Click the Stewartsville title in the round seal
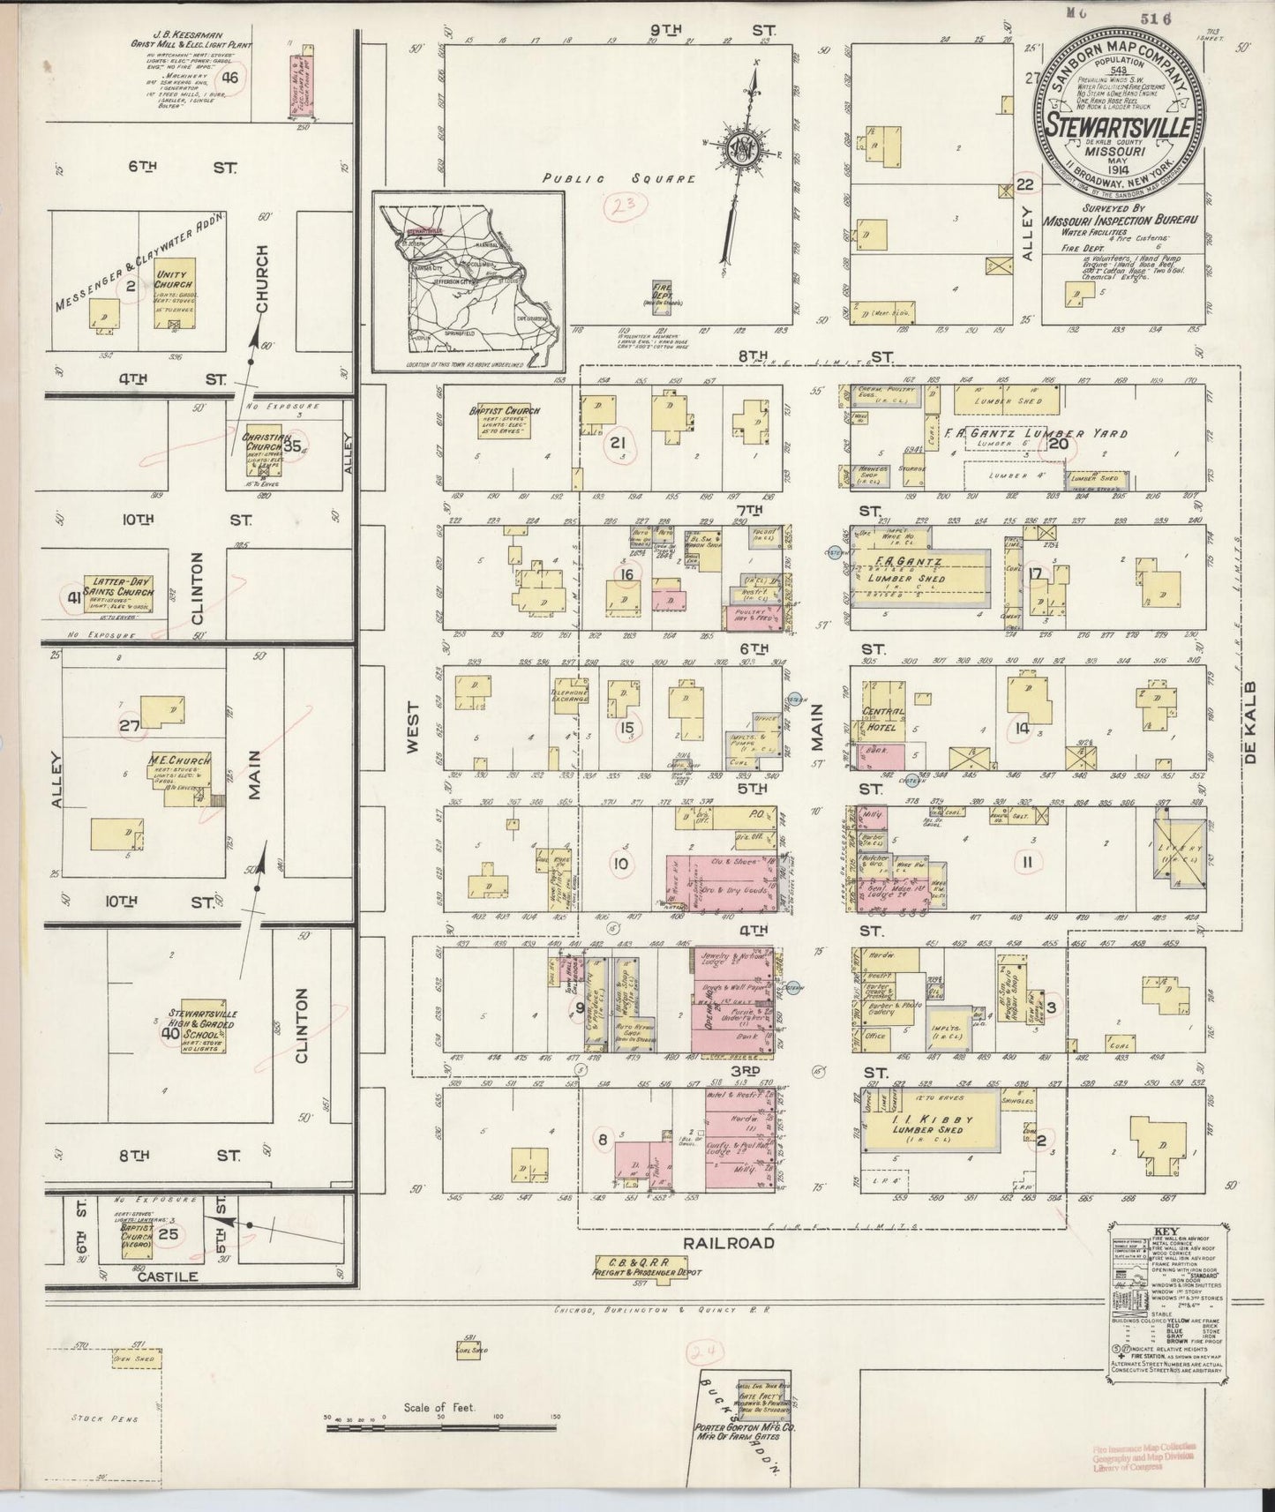pos(1116,124)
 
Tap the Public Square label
pos(619,178)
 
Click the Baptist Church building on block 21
pos(516,427)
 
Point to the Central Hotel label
pos(885,719)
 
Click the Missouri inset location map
pos(468,281)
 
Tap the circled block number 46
pos(231,78)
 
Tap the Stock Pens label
pos(94,1418)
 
